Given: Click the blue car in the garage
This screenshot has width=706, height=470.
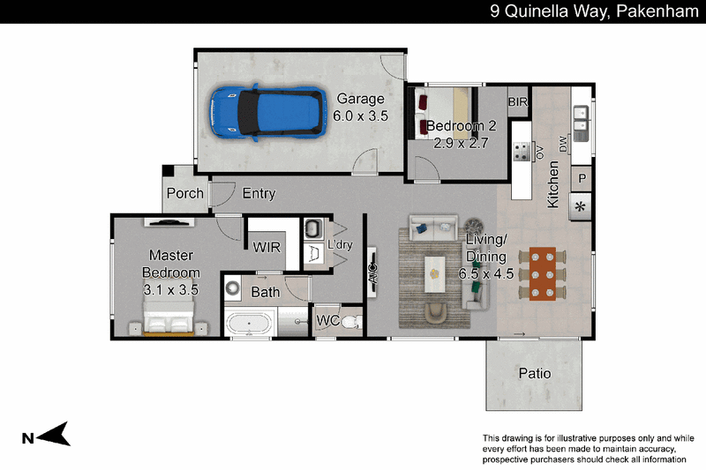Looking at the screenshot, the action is click(x=268, y=112).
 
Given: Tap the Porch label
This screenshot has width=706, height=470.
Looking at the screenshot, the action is click(x=185, y=193).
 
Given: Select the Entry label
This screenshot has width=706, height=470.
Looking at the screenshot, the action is click(x=259, y=193).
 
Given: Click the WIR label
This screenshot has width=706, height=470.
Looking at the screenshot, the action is click(x=267, y=247).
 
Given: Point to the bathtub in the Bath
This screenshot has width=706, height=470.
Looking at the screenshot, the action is click(x=249, y=324).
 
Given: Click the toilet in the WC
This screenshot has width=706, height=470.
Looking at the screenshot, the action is click(x=351, y=322).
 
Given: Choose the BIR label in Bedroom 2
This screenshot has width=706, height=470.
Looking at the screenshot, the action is click(x=517, y=102).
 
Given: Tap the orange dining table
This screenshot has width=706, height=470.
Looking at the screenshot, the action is click(x=542, y=273).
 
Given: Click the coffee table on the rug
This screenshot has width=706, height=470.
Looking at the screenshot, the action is click(x=434, y=274).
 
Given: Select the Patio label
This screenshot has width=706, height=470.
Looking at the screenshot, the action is click(x=535, y=373).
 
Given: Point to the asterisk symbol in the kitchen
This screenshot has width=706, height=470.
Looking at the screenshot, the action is click(x=581, y=207).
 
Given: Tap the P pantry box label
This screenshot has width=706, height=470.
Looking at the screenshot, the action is click(x=582, y=178).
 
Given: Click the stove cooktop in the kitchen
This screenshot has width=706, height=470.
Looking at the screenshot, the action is click(x=522, y=152).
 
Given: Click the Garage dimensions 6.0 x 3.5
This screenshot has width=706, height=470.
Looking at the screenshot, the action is click(x=360, y=116).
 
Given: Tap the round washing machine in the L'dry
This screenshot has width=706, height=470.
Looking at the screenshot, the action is click(x=233, y=287).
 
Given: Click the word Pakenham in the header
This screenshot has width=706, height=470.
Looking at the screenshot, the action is click(x=657, y=11).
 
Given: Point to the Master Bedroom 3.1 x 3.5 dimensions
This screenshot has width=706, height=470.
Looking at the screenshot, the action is click(x=170, y=290).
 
